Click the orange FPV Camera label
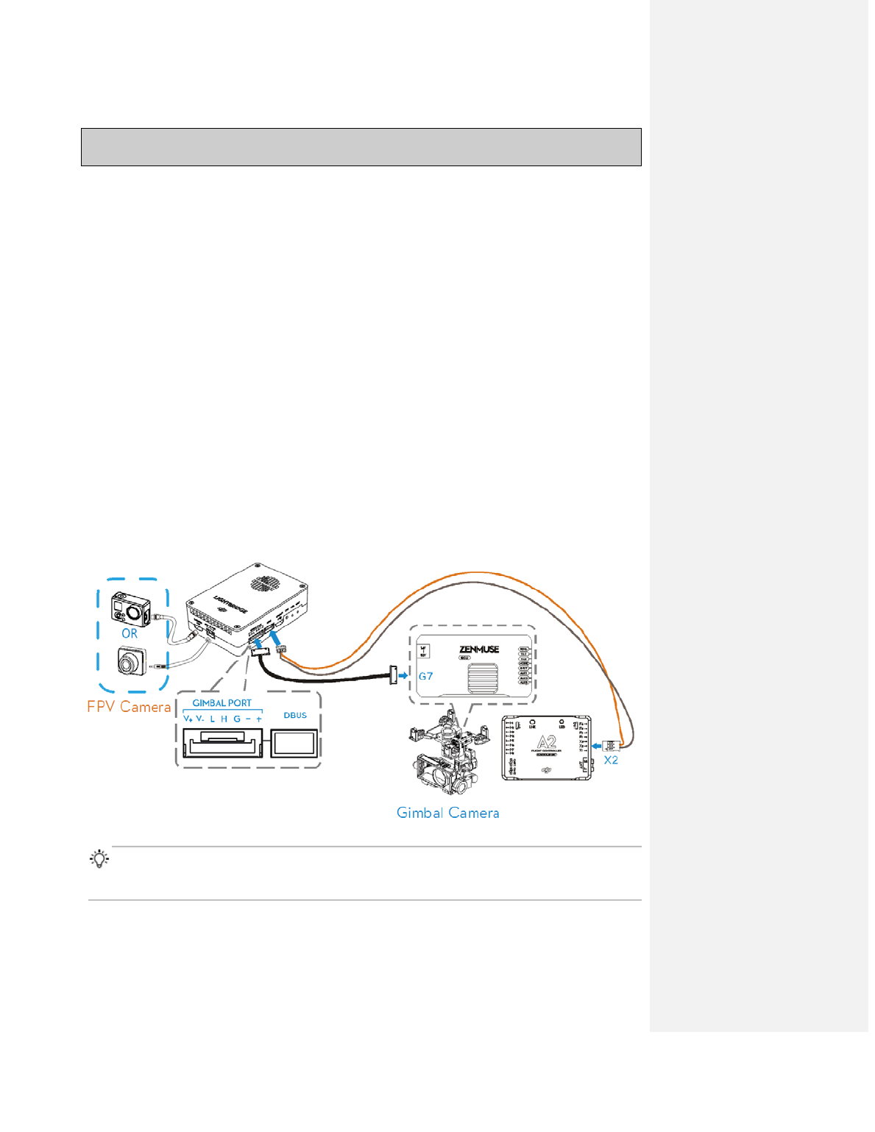coord(129,707)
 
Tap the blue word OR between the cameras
coord(130,633)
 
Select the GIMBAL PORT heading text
coord(222,703)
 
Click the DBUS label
coord(295,715)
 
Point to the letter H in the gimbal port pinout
coord(224,719)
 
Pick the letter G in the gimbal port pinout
coord(237,719)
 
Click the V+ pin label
coord(188,719)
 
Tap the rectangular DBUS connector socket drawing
coord(294,743)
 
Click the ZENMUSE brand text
coord(479,649)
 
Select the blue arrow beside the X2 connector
coord(597,745)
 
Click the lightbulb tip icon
coord(99,859)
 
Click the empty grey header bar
coord(361,147)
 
